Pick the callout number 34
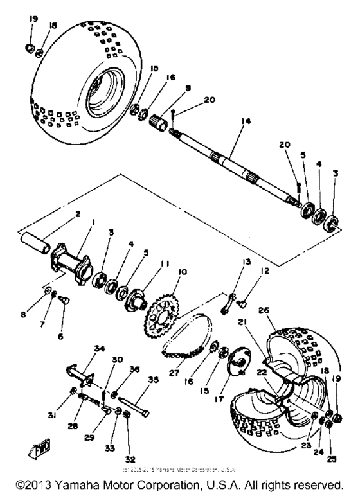pos(80,349)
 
